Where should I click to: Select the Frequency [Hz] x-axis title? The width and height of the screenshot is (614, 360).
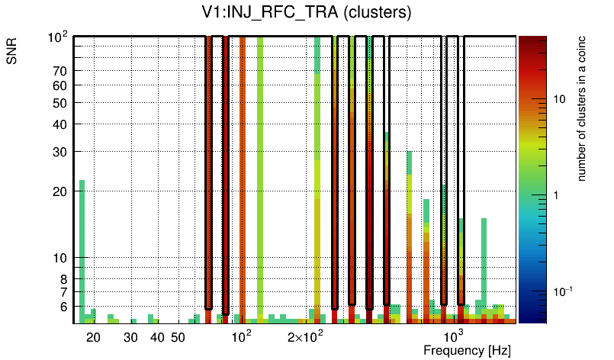pyautogui.click(x=467, y=350)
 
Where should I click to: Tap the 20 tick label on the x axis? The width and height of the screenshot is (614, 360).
pyautogui.click(x=93, y=337)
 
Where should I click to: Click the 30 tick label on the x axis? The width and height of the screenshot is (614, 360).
pyautogui.click(x=130, y=337)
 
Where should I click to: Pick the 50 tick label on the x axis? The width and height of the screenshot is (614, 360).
pyautogui.click(x=177, y=337)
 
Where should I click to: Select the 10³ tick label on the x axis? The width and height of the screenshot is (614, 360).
pyautogui.click(x=454, y=336)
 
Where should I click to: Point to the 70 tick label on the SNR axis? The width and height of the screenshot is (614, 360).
pyautogui.click(x=60, y=72)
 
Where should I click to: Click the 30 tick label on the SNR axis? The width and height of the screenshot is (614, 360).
pyautogui.click(x=60, y=152)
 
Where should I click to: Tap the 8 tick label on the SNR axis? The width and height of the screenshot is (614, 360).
pyautogui.click(x=64, y=279)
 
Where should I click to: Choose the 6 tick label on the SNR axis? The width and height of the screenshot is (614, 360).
pyautogui.click(x=64, y=307)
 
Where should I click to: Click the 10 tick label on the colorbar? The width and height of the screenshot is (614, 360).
pyautogui.click(x=558, y=99)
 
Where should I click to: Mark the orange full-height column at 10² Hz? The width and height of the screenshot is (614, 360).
pyautogui.click(x=243, y=175)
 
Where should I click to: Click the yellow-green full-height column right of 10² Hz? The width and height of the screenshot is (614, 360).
pyautogui.click(x=260, y=175)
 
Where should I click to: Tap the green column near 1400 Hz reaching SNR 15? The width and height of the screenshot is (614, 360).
pyautogui.click(x=484, y=267)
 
